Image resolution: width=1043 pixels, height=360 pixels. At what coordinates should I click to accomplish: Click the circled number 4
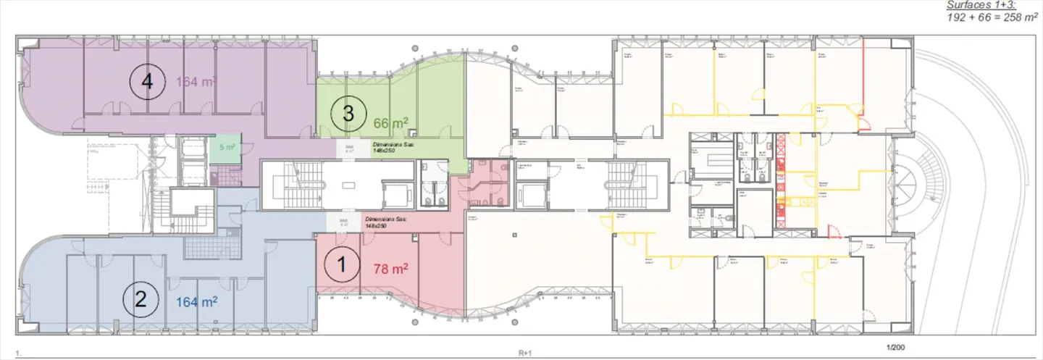(147, 82)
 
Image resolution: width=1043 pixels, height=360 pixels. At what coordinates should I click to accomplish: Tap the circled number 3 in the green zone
(348, 113)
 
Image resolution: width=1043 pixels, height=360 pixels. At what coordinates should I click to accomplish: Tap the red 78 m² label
(390, 269)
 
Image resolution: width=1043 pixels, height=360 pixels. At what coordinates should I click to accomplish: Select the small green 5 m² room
(226, 148)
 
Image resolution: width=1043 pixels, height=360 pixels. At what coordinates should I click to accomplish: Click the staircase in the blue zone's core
(192, 212)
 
